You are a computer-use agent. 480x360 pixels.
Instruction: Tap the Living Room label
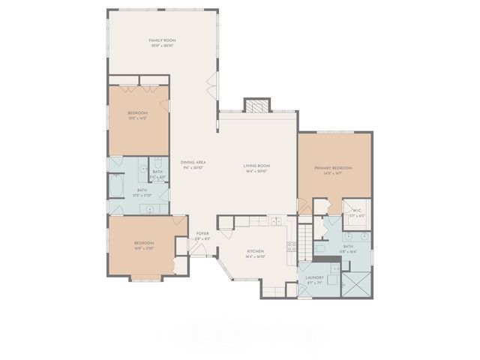[x=256, y=165]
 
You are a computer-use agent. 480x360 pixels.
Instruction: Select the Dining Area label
[x=193, y=162]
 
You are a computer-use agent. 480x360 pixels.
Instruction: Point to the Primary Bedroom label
[x=333, y=167]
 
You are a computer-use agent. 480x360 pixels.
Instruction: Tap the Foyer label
[x=202, y=233]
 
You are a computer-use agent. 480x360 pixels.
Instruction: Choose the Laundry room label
[x=313, y=277]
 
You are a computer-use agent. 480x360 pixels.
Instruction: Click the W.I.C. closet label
[x=357, y=211]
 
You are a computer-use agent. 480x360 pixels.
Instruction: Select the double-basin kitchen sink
[x=276, y=221]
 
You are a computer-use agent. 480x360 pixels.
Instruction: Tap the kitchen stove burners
[x=291, y=248]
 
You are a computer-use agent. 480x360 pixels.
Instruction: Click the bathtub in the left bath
[x=116, y=184]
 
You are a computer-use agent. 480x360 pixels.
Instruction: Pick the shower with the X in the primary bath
[x=355, y=284]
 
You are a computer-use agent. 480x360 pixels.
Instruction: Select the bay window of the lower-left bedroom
[x=146, y=279]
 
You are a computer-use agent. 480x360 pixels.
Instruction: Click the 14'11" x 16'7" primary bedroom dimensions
[x=333, y=173]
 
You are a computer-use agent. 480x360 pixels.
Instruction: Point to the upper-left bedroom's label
[x=137, y=112]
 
